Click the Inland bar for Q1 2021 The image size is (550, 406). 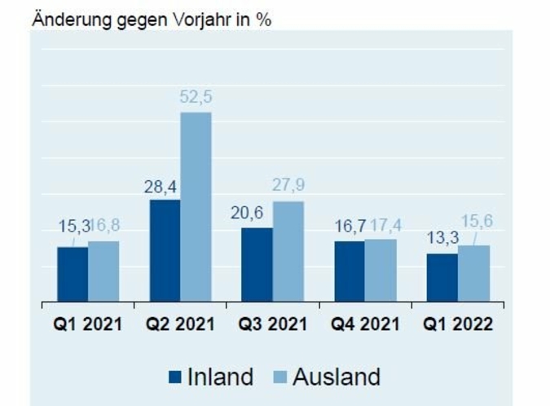click(73, 274)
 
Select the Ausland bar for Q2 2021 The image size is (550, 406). click(196, 207)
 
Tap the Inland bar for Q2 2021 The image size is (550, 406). click(165, 250)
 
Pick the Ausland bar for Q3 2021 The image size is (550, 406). click(288, 251)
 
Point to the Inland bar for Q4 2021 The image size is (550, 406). click(349, 271)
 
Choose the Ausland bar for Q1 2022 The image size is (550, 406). click(474, 273)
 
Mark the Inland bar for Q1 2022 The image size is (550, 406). click(442, 277)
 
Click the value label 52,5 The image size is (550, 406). click(196, 97)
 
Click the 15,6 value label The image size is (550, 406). click(476, 221)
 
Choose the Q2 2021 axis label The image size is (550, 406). click(180, 324)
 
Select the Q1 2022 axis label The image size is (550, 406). click(458, 324)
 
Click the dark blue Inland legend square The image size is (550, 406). click(174, 377)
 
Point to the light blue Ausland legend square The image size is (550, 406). click(279, 377)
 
